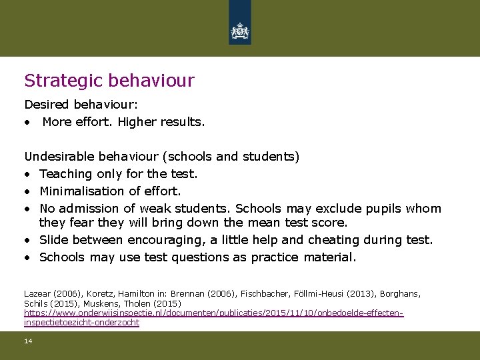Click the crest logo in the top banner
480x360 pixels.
pyautogui.click(x=240, y=31)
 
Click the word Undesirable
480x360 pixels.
pyautogui.click(x=59, y=157)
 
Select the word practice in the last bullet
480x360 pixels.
pyautogui.click(x=275, y=257)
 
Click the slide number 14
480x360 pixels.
pyautogui.click(x=28, y=341)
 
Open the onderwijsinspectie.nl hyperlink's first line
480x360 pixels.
pyautogui.click(x=214, y=313)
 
